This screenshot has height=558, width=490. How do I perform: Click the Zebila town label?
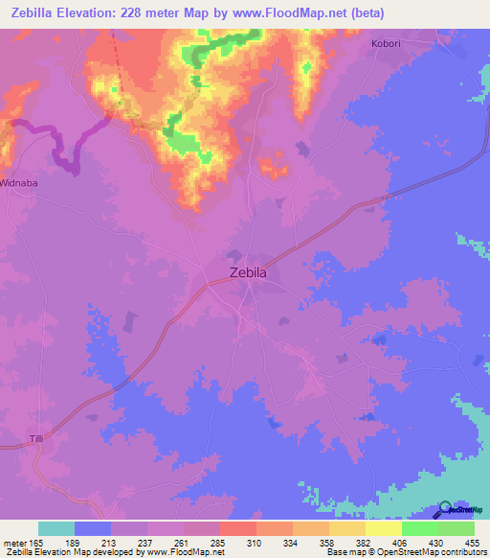pos(249,272)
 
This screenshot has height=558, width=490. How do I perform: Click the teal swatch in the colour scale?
pos(56,528)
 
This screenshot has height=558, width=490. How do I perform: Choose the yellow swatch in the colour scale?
pos(383,528)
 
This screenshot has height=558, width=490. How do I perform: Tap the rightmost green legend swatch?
pos(456,528)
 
